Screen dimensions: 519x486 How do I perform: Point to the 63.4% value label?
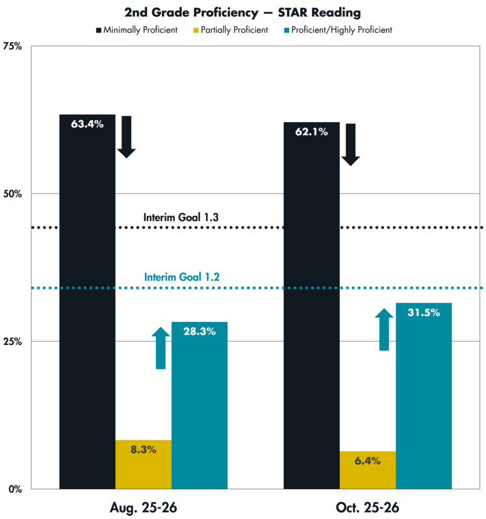coord(87,125)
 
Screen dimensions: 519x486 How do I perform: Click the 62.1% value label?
coord(311,132)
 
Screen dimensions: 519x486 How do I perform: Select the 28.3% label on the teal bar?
coord(199,331)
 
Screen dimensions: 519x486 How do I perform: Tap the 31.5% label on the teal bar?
coord(424,312)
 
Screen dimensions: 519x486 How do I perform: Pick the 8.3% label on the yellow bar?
coord(143,449)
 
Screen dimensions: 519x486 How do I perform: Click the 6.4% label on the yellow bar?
coord(367,461)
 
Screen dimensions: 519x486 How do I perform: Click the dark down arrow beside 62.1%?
coord(351,145)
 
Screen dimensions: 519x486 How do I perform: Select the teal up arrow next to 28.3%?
coord(160,348)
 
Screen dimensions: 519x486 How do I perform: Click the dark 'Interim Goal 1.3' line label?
coord(181,217)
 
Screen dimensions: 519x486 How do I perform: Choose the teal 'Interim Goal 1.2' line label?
coord(182,277)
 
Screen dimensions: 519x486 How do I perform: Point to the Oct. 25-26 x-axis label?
coord(367,507)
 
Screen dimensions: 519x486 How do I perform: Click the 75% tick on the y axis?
coord(14,46)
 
